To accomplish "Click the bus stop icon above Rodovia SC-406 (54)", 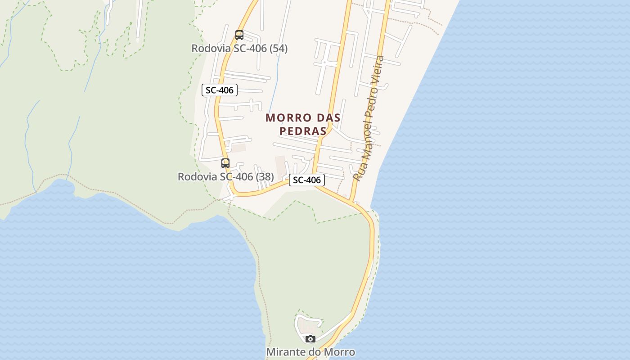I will (x=239, y=35).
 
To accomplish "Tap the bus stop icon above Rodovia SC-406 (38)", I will (x=225, y=163).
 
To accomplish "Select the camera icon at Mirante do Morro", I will (x=310, y=339).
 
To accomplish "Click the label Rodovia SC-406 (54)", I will (x=239, y=48).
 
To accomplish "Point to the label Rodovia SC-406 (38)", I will (x=225, y=176).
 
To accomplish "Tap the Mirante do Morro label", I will (x=310, y=352).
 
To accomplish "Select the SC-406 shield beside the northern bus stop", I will (x=220, y=90).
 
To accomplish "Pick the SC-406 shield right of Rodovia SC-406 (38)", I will (x=307, y=180).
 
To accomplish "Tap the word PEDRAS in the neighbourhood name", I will (x=303, y=131).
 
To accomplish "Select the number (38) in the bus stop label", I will (x=265, y=176).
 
